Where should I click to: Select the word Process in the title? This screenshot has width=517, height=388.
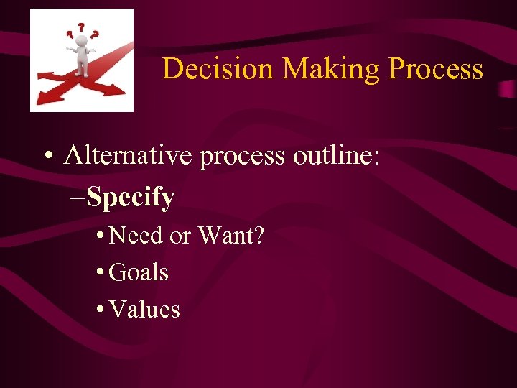435,69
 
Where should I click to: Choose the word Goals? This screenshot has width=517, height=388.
139,272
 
